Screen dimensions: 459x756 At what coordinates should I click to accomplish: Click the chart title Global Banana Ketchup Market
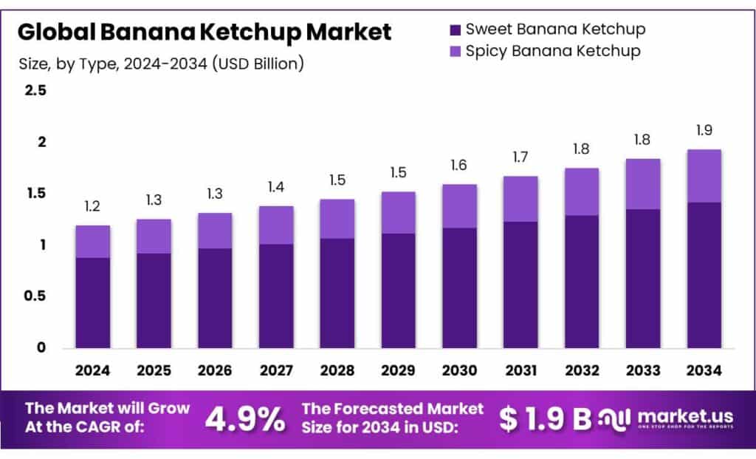(x=205, y=33)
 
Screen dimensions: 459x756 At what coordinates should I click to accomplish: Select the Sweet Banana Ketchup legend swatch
(x=456, y=30)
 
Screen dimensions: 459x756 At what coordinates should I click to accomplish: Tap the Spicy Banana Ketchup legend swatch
(x=456, y=52)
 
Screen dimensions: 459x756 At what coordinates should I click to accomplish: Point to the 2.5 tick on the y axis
(x=35, y=91)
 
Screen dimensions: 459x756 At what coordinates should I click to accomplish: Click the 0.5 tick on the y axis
(x=35, y=296)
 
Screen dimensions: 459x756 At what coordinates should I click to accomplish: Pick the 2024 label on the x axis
(x=92, y=369)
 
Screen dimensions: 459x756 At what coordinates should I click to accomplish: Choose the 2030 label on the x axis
(x=459, y=369)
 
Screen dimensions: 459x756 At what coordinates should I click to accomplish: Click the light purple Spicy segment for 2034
(x=704, y=176)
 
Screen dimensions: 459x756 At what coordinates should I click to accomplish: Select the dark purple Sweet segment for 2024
(x=92, y=303)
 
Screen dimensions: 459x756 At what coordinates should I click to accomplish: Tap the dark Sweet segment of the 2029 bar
(x=398, y=290)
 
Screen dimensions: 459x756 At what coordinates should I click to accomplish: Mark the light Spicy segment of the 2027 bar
(x=275, y=225)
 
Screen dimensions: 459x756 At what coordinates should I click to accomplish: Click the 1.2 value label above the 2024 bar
(x=92, y=207)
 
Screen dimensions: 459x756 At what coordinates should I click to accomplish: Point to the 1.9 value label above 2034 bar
(x=704, y=131)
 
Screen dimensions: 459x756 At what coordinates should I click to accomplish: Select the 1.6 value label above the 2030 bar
(x=459, y=166)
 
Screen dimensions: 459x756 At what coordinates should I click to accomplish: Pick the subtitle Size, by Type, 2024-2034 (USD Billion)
(x=161, y=64)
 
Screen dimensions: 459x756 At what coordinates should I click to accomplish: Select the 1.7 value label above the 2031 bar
(x=520, y=157)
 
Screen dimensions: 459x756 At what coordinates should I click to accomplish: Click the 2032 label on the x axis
(x=581, y=369)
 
